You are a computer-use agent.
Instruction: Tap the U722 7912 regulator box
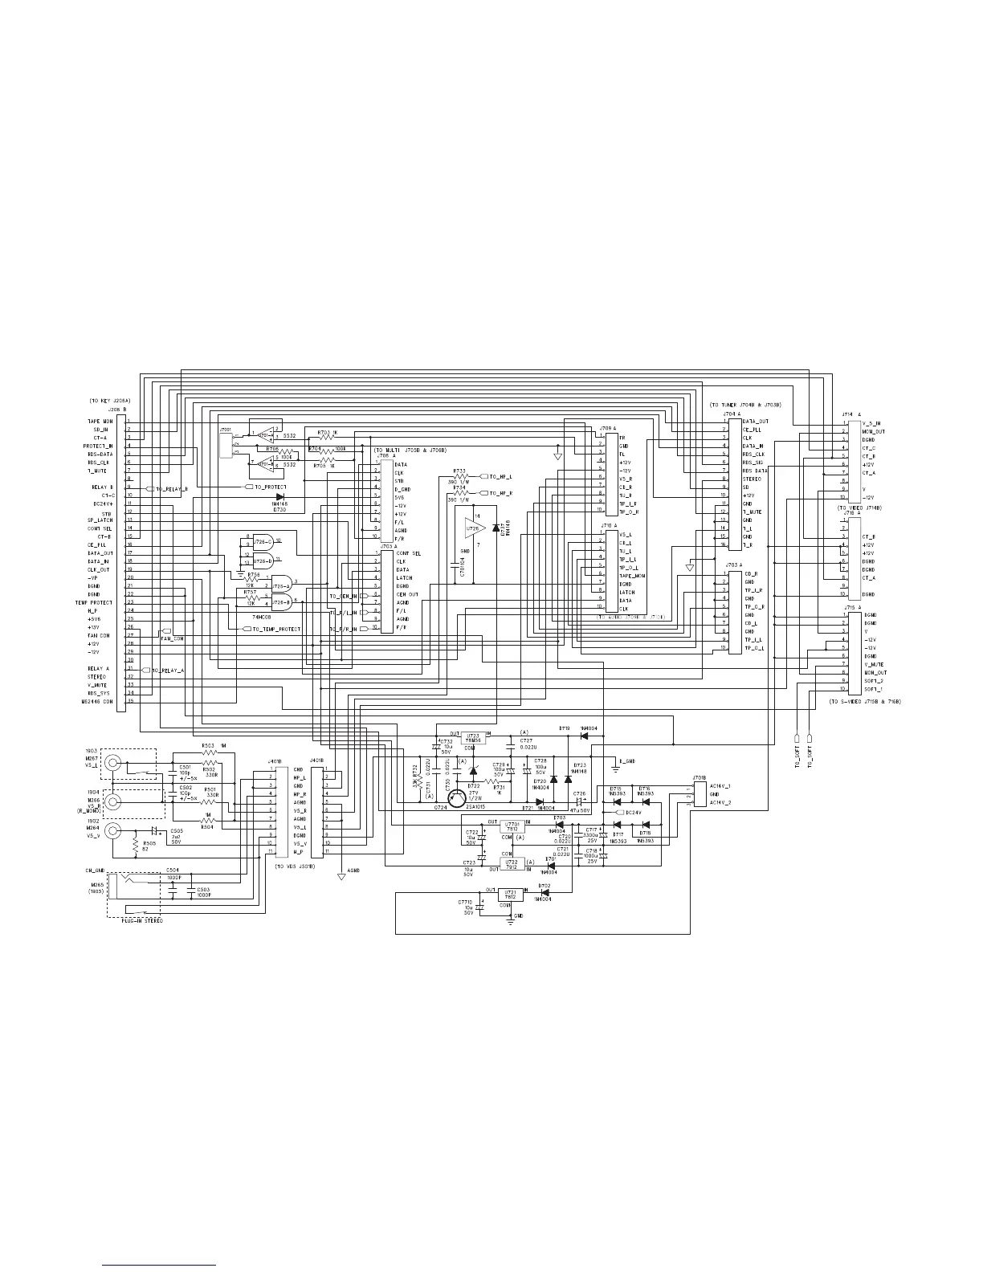512,864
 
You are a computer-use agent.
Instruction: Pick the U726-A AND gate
281,584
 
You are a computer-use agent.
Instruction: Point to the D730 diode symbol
279,498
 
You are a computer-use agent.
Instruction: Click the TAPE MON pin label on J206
100,421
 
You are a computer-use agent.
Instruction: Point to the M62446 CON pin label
97,701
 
